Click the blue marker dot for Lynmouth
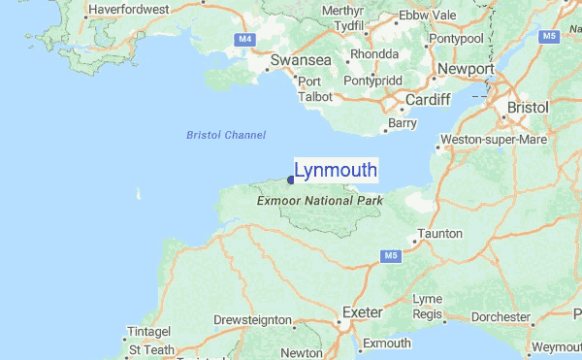pyautogui.click(x=290, y=179)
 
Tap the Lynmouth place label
pyautogui.click(x=336, y=171)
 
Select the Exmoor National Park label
pyautogui.click(x=320, y=201)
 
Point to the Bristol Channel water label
pyautogui.click(x=226, y=135)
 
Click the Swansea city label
pyautogui.click(x=301, y=60)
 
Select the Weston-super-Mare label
pyautogui.click(x=494, y=140)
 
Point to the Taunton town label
pyautogui.click(x=438, y=234)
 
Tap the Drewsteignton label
pyautogui.click(x=252, y=319)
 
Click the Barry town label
pyautogui.click(x=401, y=123)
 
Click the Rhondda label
pyautogui.click(x=374, y=54)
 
